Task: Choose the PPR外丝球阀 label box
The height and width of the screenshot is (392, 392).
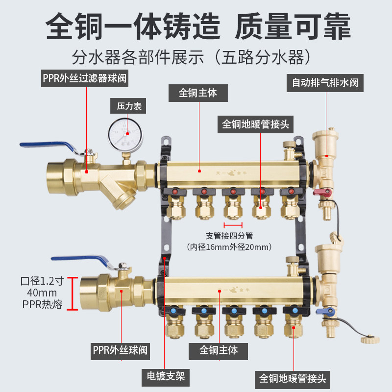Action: tap(120, 350)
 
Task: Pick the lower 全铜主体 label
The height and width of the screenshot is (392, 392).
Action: tap(219, 350)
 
